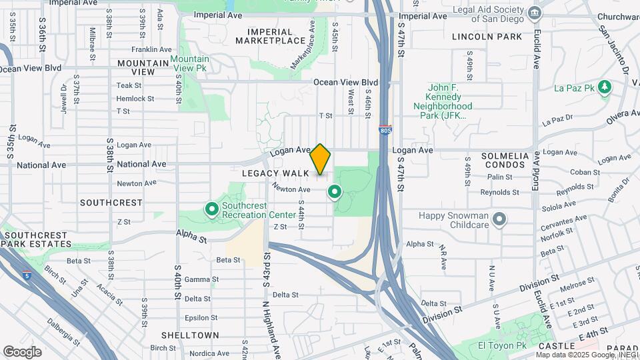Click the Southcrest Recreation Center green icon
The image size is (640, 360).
212,211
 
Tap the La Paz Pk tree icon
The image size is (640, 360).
605,87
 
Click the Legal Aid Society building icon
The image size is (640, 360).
534,13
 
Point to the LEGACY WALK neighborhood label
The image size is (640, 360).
275,173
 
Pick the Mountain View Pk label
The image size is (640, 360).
189,64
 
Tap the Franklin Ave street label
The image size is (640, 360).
152,49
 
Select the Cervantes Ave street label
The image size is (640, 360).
566,218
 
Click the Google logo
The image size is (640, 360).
23,351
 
